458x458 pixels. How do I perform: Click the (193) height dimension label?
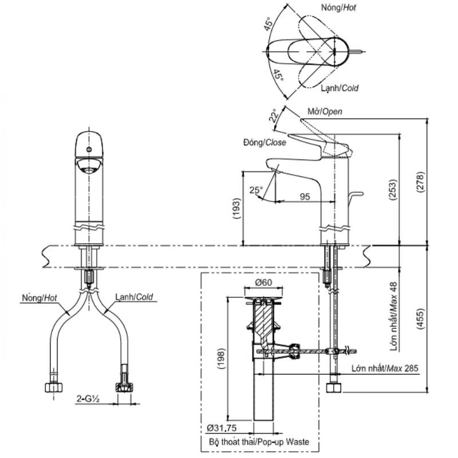tap(236, 208)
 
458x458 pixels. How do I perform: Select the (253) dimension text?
tap(393, 190)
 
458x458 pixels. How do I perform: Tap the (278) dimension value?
tap(420, 182)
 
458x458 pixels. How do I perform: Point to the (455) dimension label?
tap(420, 319)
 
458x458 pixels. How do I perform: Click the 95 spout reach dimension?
tap(305, 196)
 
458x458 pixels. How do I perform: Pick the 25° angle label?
tap(256, 190)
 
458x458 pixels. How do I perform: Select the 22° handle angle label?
tap(274, 116)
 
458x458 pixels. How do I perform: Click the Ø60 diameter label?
tap(263, 282)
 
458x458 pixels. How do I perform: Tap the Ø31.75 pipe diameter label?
tap(222, 428)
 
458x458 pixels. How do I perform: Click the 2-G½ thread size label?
tap(88, 398)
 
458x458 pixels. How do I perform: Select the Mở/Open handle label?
tap(325, 111)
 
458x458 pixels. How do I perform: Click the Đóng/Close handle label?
tap(264, 142)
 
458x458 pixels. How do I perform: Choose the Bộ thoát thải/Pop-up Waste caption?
tap(259, 441)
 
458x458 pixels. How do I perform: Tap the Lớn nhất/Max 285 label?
tap(385, 368)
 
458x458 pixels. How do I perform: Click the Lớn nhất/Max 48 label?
tap(393, 316)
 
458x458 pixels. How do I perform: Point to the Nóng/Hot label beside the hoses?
tap(40, 298)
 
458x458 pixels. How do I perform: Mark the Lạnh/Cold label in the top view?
tap(339, 88)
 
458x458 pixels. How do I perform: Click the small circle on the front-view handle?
tap(89, 149)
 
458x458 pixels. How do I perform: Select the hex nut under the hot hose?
tap(54, 388)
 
